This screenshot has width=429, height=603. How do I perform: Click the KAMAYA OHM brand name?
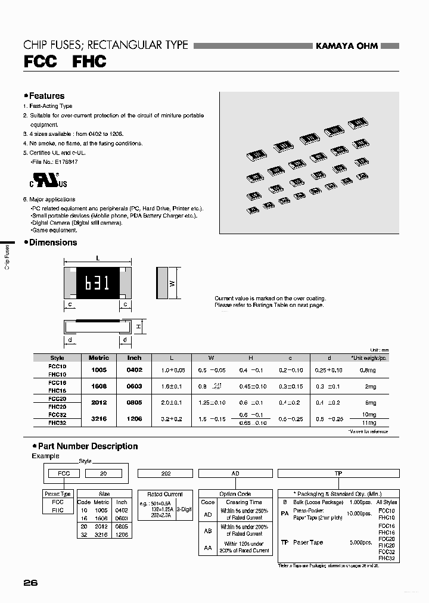[346, 46]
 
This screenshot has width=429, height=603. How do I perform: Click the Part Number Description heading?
[88, 446]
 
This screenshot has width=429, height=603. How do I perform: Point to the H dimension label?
[137, 327]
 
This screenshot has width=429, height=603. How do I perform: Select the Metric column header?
[99, 358]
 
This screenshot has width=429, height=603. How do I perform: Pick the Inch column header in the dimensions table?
[135, 358]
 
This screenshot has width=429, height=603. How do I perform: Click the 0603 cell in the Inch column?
[135, 386]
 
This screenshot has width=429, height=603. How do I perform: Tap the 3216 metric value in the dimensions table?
[99, 419]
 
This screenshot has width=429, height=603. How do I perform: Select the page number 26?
[30, 583]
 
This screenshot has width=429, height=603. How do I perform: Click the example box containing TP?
[338, 473]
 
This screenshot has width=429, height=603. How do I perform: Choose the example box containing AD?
[235, 473]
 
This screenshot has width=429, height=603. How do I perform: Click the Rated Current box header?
[164, 494]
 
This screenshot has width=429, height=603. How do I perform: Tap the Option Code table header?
[236, 494]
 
